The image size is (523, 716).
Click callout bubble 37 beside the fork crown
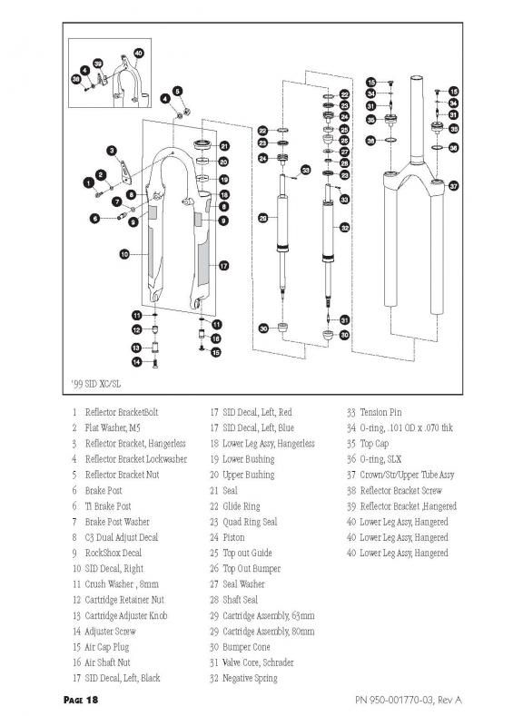pyautogui.click(x=454, y=186)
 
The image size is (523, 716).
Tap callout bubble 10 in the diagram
pyautogui.click(x=124, y=254)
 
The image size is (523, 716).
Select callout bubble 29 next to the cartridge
pyautogui.click(x=263, y=218)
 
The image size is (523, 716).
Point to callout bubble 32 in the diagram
pyautogui.click(x=345, y=227)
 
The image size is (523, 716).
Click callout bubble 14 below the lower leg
pyautogui.click(x=136, y=362)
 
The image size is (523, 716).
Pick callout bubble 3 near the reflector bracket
pyautogui.click(x=112, y=151)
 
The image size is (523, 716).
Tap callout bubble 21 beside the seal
pyautogui.click(x=224, y=146)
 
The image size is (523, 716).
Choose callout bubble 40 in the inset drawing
pyautogui.click(x=139, y=54)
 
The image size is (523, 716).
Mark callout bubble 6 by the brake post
pyautogui.click(x=95, y=219)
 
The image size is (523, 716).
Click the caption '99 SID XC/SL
pyautogui.click(x=96, y=384)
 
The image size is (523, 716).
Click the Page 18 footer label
pyautogui.click(x=81, y=700)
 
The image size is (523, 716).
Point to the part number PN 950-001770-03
pyautogui.click(x=393, y=700)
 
